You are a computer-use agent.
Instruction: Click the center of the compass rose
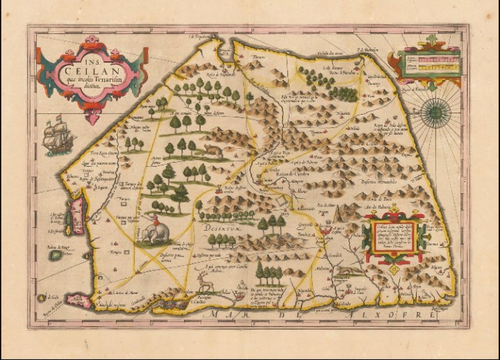[x=435, y=108]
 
